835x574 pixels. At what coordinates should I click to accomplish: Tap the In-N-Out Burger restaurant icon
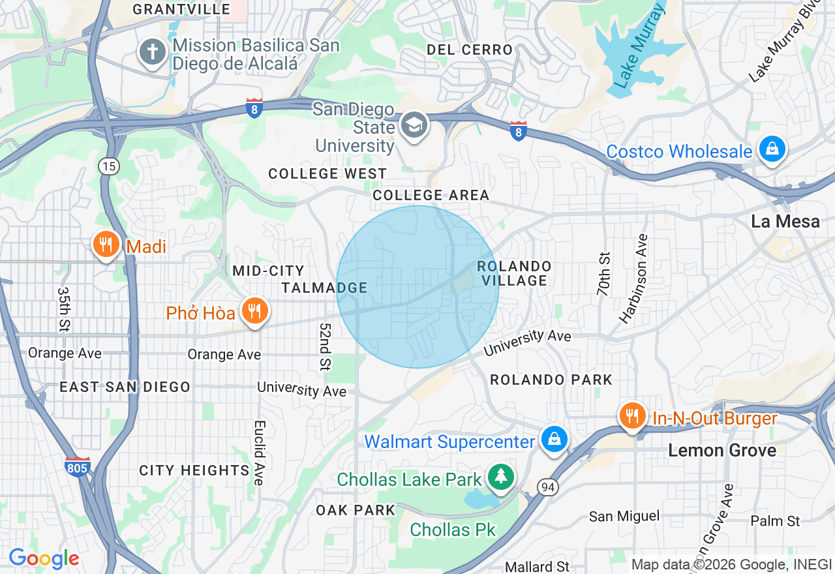[631, 416]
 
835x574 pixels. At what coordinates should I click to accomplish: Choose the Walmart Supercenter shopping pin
[554, 440]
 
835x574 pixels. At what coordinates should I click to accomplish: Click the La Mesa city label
[785, 222]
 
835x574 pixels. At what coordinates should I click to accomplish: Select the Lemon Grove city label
[722, 451]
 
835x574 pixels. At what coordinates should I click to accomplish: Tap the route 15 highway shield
[109, 166]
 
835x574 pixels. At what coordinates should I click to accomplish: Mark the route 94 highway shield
[547, 486]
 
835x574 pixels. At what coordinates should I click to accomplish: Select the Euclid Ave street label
[259, 452]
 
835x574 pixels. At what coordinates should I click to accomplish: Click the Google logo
[44, 558]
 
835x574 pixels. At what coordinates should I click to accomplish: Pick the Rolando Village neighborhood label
[514, 273]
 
